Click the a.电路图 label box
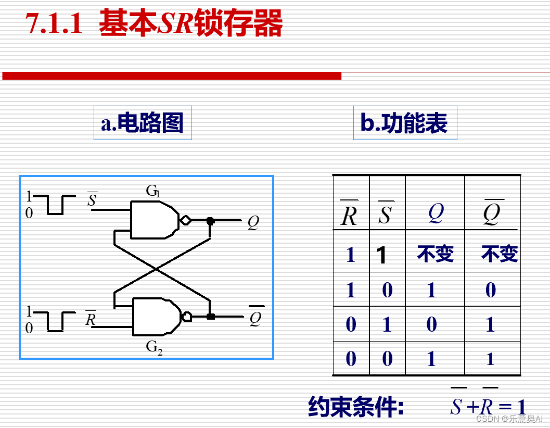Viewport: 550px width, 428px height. (x=143, y=123)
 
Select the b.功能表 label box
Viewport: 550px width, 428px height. (x=404, y=123)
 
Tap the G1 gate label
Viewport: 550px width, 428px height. (x=152, y=191)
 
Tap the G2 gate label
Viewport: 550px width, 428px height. (x=154, y=347)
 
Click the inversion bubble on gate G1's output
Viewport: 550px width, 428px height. (x=185, y=221)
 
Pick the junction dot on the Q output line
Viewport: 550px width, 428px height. (x=210, y=221)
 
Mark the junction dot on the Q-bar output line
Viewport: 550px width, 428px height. (x=210, y=316)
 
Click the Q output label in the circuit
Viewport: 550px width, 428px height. (x=253, y=223)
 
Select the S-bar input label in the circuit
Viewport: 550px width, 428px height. (x=92, y=199)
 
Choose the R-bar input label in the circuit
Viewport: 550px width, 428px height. (x=91, y=318)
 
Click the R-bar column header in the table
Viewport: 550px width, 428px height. (x=349, y=214)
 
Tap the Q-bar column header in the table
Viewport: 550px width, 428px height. (x=491, y=214)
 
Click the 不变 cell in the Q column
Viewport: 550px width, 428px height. (x=435, y=254)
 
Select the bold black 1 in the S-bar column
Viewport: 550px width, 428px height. (x=382, y=255)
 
